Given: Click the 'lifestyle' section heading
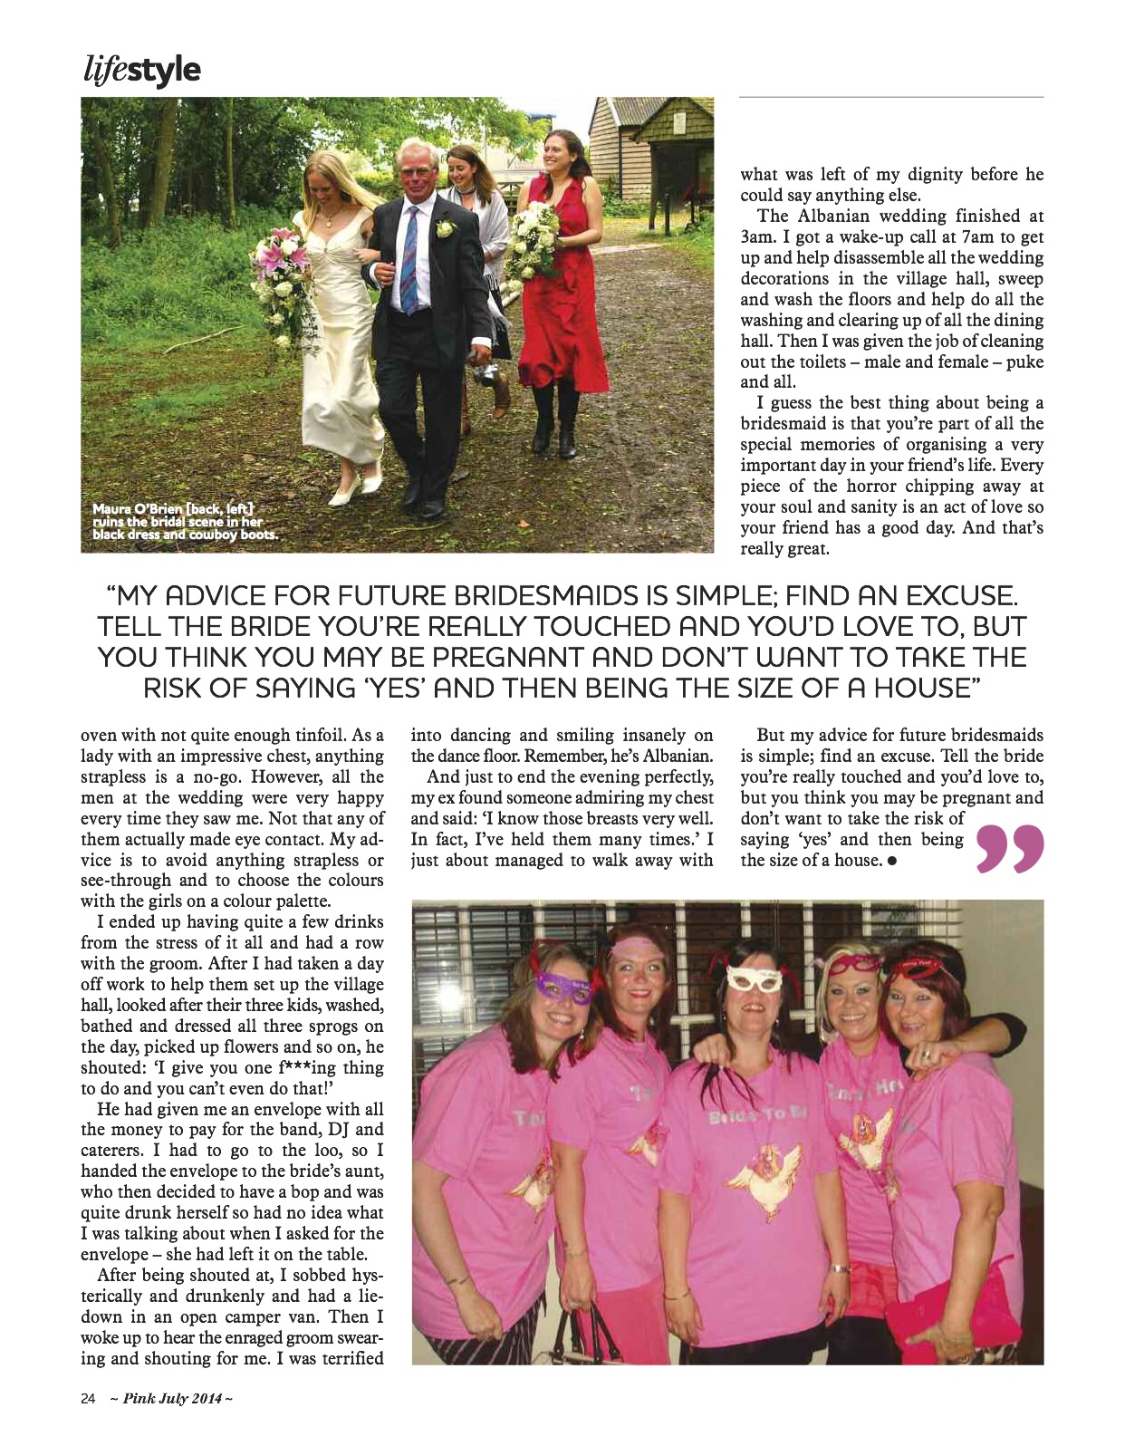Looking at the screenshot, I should click(x=140, y=71).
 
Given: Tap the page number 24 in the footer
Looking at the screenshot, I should click(x=88, y=1398).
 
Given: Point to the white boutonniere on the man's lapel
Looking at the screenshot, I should click(x=445, y=229).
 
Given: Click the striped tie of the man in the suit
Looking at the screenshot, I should click(x=409, y=258).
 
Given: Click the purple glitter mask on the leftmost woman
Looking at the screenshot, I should click(x=562, y=988).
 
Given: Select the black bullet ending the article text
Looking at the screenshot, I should click(x=892, y=861).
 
